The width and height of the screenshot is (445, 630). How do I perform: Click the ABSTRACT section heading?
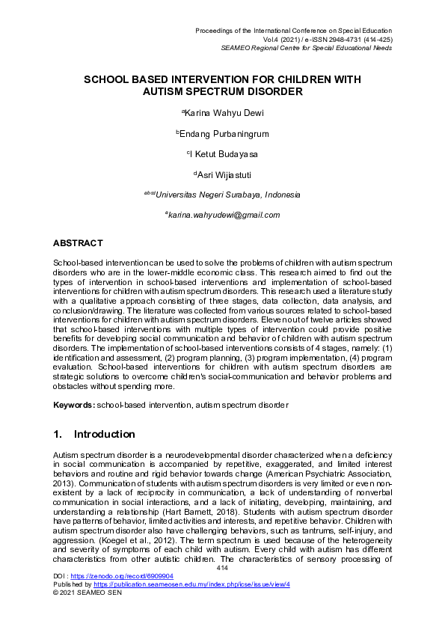78,243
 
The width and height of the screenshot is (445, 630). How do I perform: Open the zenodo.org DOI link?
122,576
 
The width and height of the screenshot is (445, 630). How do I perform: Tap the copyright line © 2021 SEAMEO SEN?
87,592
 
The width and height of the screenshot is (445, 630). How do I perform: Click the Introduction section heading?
104,434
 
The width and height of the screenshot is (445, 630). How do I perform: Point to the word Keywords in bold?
73,405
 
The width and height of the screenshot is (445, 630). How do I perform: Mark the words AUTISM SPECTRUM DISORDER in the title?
222,92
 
